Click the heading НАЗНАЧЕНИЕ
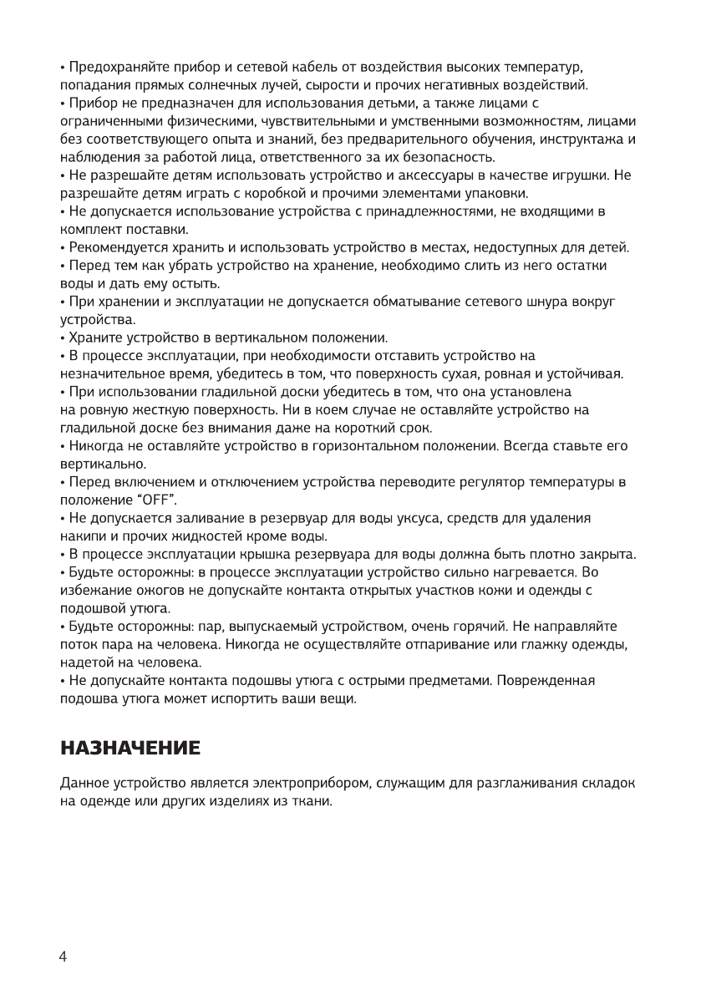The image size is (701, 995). click(x=130, y=748)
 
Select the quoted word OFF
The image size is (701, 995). click(x=156, y=500)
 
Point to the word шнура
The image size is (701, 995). click(x=546, y=302)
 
